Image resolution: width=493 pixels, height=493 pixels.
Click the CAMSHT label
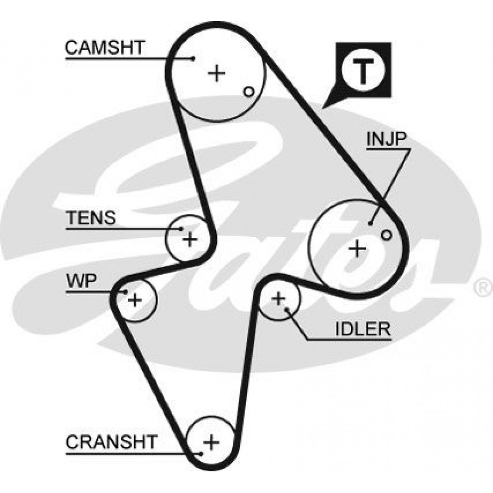click(105, 47)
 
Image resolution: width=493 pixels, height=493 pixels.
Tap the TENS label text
click(91, 217)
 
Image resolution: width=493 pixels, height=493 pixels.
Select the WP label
click(81, 281)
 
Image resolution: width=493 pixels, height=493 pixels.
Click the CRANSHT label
click(111, 442)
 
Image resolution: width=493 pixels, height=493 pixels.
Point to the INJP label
click(387, 139)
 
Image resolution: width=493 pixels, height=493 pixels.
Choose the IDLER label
click(363, 329)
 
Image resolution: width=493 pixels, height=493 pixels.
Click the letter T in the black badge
click(363, 71)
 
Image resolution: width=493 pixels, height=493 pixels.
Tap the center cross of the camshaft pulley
click(216, 73)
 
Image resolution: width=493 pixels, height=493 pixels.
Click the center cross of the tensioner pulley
click(190, 240)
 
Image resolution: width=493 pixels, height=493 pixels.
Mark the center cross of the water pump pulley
click(135, 300)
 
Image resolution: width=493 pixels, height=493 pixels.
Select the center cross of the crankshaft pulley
click(211, 442)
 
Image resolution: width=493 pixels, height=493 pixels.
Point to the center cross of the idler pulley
click(278, 299)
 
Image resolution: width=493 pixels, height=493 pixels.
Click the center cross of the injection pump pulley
click(357, 249)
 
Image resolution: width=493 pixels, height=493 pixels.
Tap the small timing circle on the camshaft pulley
click(248, 92)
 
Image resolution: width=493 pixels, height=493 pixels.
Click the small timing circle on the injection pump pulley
click(387, 235)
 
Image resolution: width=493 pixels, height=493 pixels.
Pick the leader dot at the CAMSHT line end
click(193, 58)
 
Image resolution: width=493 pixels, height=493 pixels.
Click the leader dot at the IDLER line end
click(287, 310)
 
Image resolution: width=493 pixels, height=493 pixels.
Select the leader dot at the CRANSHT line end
click(201, 454)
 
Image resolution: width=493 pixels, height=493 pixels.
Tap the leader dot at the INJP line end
click(370, 223)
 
